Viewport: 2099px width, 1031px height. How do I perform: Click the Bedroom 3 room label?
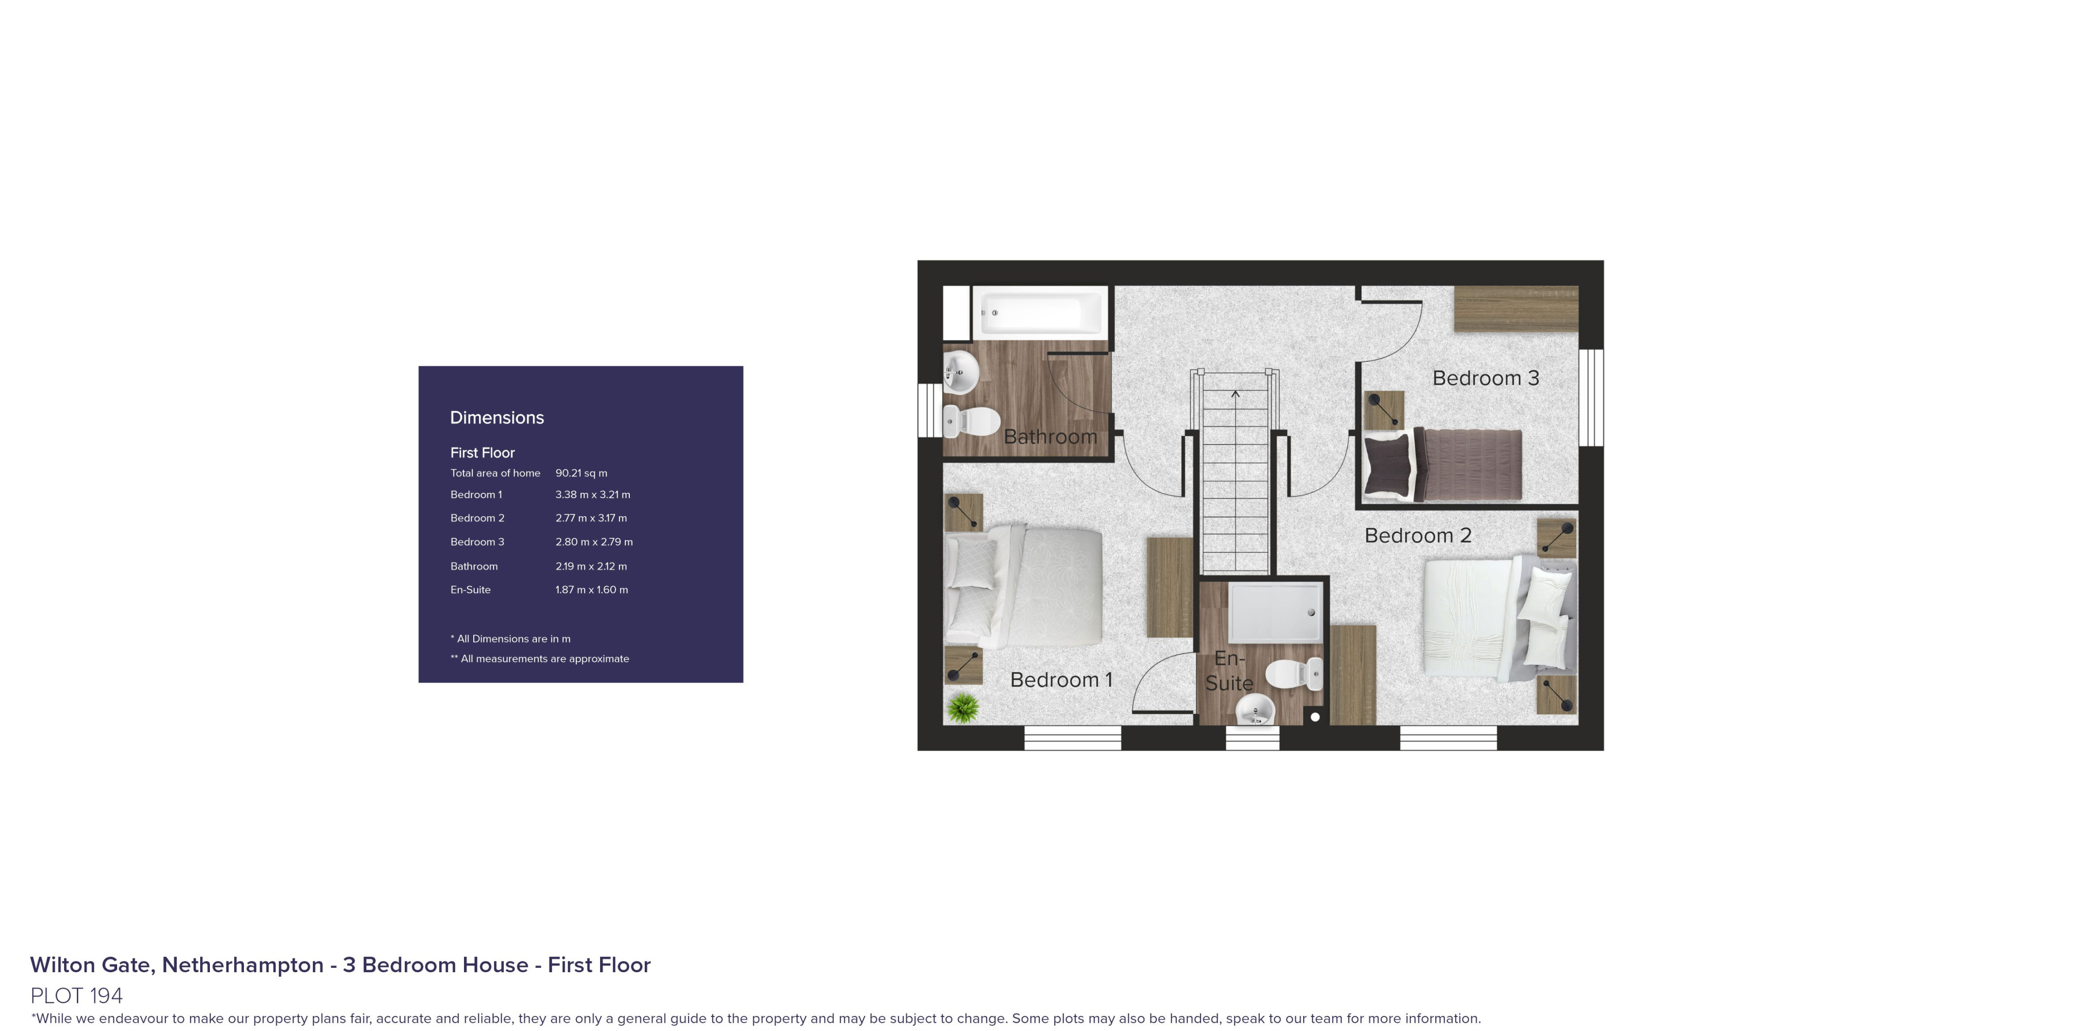[x=1485, y=378]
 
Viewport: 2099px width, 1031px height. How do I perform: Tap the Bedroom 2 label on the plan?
[x=1418, y=535]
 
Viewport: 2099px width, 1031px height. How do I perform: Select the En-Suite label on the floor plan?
[x=1229, y=671]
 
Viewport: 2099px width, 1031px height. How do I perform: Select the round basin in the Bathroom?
[x=962, y=373]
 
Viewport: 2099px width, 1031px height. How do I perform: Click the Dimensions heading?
[x=497, y=417]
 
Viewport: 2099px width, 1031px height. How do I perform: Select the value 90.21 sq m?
[x=581, y=473]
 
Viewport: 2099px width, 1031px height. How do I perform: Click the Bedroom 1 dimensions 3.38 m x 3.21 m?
[x=592, y=495]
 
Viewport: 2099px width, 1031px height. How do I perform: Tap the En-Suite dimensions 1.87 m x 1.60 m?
[x=592, y=589]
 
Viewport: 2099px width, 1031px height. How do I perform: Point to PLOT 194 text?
[x=77, y=995]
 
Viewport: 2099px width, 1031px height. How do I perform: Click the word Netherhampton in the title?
[x=243, y=965]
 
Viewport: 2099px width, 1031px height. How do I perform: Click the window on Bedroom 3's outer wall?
[x=1591, y=398]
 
